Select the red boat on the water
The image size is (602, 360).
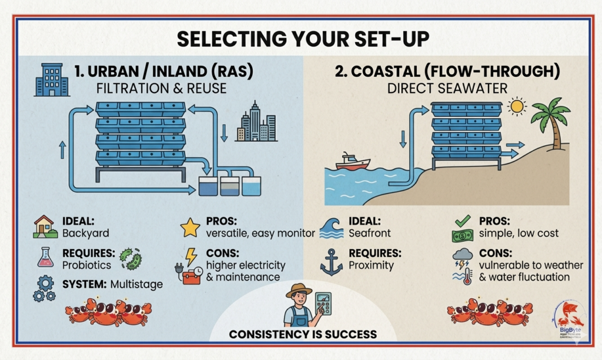click(x=353, y=161)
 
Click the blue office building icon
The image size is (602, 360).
click(x=52, y=79)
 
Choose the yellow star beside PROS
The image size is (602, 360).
click(x=190, y=227)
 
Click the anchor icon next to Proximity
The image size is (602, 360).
click(x=331, y=261)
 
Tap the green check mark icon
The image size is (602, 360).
click(x=462, y=221)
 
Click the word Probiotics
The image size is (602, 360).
click(x=86, y=265)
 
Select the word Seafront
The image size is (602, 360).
click(x=370, y=233)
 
